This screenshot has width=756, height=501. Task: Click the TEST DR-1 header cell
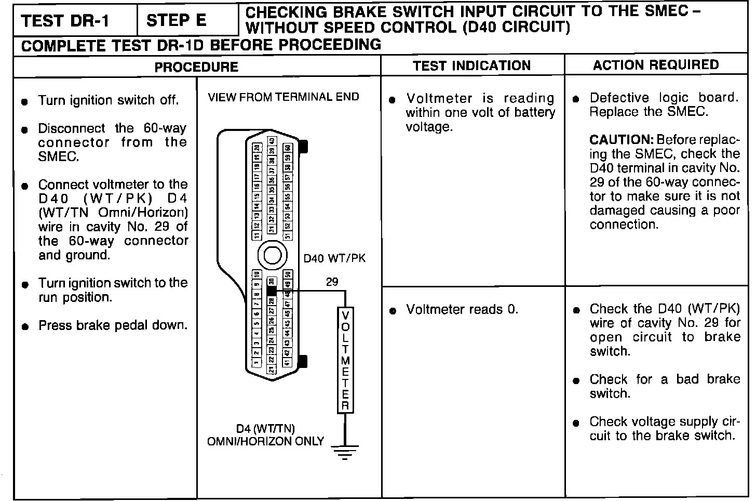tap(66, 21)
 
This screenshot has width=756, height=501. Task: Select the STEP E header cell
tap(177, 21)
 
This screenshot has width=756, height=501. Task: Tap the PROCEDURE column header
tap(196, 67)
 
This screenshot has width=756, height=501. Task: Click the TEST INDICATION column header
tap(472, 65)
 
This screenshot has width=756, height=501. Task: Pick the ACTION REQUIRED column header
tap(656, 65)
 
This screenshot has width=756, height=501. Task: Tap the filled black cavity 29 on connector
tap(271, 291)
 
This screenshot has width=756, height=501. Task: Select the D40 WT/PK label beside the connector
tap(334, 258)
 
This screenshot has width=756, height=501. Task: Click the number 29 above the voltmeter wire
tap(332, 282)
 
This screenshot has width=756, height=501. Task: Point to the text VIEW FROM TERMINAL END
tap(283, 97)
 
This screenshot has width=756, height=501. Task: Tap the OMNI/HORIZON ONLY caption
tap(265, 442)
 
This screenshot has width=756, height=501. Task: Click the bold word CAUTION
tap(621, 140)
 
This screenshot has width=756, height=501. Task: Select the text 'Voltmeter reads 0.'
tap(462, 310)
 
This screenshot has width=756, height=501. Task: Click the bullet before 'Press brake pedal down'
tap(25, 327)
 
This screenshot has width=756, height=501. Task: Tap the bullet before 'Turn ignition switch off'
tap(25, 102)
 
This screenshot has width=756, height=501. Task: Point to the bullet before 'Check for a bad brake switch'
tap(576, 381)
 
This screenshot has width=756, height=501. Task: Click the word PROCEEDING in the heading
tap(330, 45)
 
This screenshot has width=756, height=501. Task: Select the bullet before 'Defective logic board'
tap(576, 99)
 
